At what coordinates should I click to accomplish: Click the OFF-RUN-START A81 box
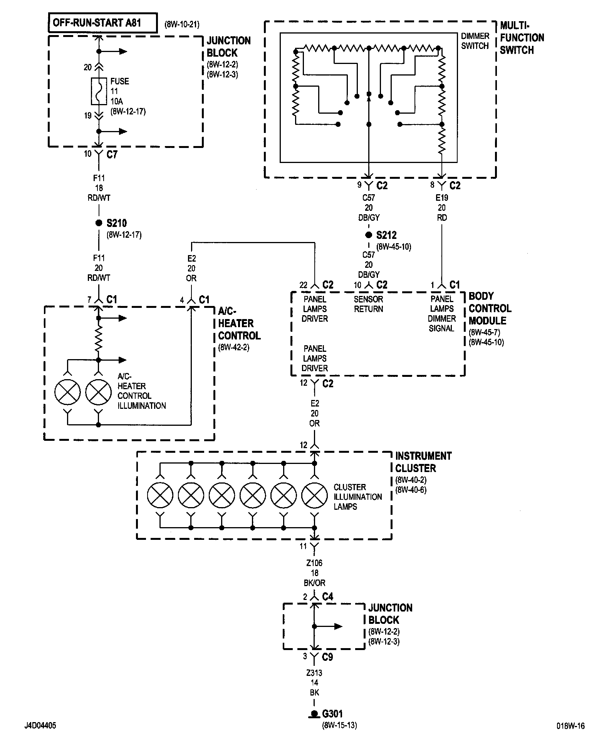click(x=103, y=23)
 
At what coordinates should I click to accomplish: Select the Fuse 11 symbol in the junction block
click(x=99, y=91)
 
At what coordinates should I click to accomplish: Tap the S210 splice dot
click(x=99, y=223)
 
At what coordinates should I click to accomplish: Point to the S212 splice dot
click(x=369, y=235)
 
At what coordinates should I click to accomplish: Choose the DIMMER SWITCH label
click(x=475, y=41)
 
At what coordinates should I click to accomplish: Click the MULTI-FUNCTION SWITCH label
click(x=522, y=38)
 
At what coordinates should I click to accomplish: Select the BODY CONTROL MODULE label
click(x=490, y=308)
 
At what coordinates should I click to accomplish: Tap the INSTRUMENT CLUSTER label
click(x=423, y=462)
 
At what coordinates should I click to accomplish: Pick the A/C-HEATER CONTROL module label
click(x=239, y=324)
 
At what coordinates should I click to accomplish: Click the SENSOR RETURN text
click(x=368, y=304)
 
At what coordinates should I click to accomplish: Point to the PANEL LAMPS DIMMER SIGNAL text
click(x=442, y=314)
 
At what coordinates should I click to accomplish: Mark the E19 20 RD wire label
click(x=442, y=208)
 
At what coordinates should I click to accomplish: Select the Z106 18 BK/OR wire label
click(x=314, y=573)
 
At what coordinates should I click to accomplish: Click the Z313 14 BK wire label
click(x=314, y=683)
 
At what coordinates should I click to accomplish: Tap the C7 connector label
click(x=112, y=155)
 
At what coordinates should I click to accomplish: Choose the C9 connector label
click(x=327, y=657)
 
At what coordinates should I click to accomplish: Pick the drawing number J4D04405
click(x=40, y=726)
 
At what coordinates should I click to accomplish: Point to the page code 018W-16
click(x=570, y=726)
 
